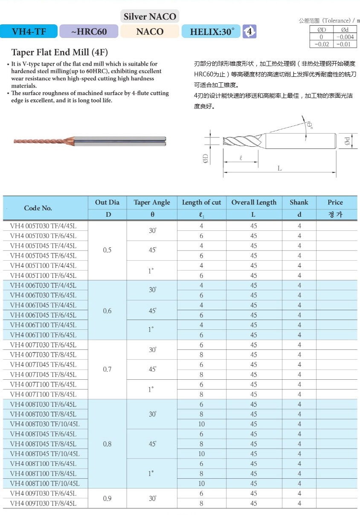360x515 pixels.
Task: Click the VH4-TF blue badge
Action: tap(29, 31)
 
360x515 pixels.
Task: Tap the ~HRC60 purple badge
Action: tap(89, 31)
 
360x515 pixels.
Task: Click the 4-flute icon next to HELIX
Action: tap(250, 31)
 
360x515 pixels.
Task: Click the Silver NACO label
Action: tap(150, 17)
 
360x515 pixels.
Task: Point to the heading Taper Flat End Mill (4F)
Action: tap(59, 52)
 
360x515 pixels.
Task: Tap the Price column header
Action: tap(335, 202)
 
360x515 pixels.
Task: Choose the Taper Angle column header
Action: tap(152, 202)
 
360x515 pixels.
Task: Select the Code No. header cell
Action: tap(38, 208)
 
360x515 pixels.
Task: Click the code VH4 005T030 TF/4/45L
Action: tap(43, 226)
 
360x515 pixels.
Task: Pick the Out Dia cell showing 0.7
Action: tap(107, 370)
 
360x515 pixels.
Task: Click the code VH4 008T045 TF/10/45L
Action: tap(45, 454)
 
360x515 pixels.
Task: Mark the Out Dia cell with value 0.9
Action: tap(107, 498)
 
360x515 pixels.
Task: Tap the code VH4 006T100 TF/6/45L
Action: tap(43, 335)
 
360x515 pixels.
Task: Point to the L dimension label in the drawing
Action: tap(280, 169)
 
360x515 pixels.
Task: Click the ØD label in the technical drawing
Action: tap(205, 159)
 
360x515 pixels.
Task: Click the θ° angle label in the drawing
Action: tap(310, 125)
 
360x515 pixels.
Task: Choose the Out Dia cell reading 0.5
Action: tap(107, 250)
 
